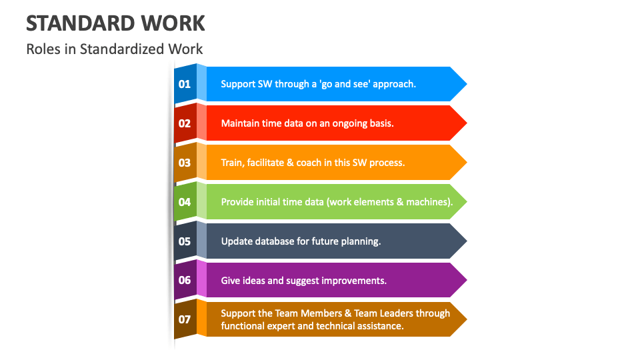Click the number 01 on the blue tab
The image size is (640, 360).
point(185,84)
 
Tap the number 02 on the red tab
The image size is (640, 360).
point(185,123)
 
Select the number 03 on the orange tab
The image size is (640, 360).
point(185,162)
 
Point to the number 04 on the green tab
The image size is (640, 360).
point(185,202)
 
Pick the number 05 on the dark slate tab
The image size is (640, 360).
point(185,241)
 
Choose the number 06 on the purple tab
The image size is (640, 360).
point(185,280)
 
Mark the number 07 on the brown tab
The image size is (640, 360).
point(185,319)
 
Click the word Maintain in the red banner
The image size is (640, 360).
point(241,123)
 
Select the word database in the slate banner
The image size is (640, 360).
point(273,241)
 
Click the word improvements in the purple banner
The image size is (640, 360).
point(354,281)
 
